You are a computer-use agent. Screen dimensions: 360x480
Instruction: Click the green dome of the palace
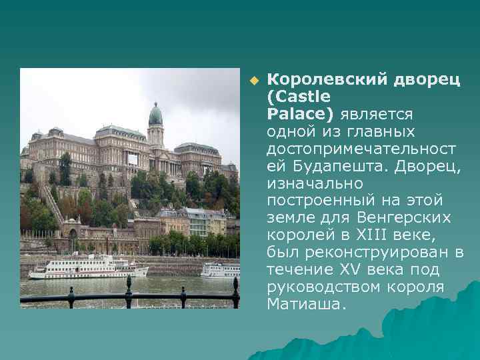click(x=155, y=116)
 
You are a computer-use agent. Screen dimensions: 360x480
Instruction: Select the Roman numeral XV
click(x=358, y=269)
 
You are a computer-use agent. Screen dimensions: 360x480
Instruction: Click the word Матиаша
click(x=307, y=304)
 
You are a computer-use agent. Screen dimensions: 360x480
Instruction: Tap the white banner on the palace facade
click(x=133, y=159)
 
